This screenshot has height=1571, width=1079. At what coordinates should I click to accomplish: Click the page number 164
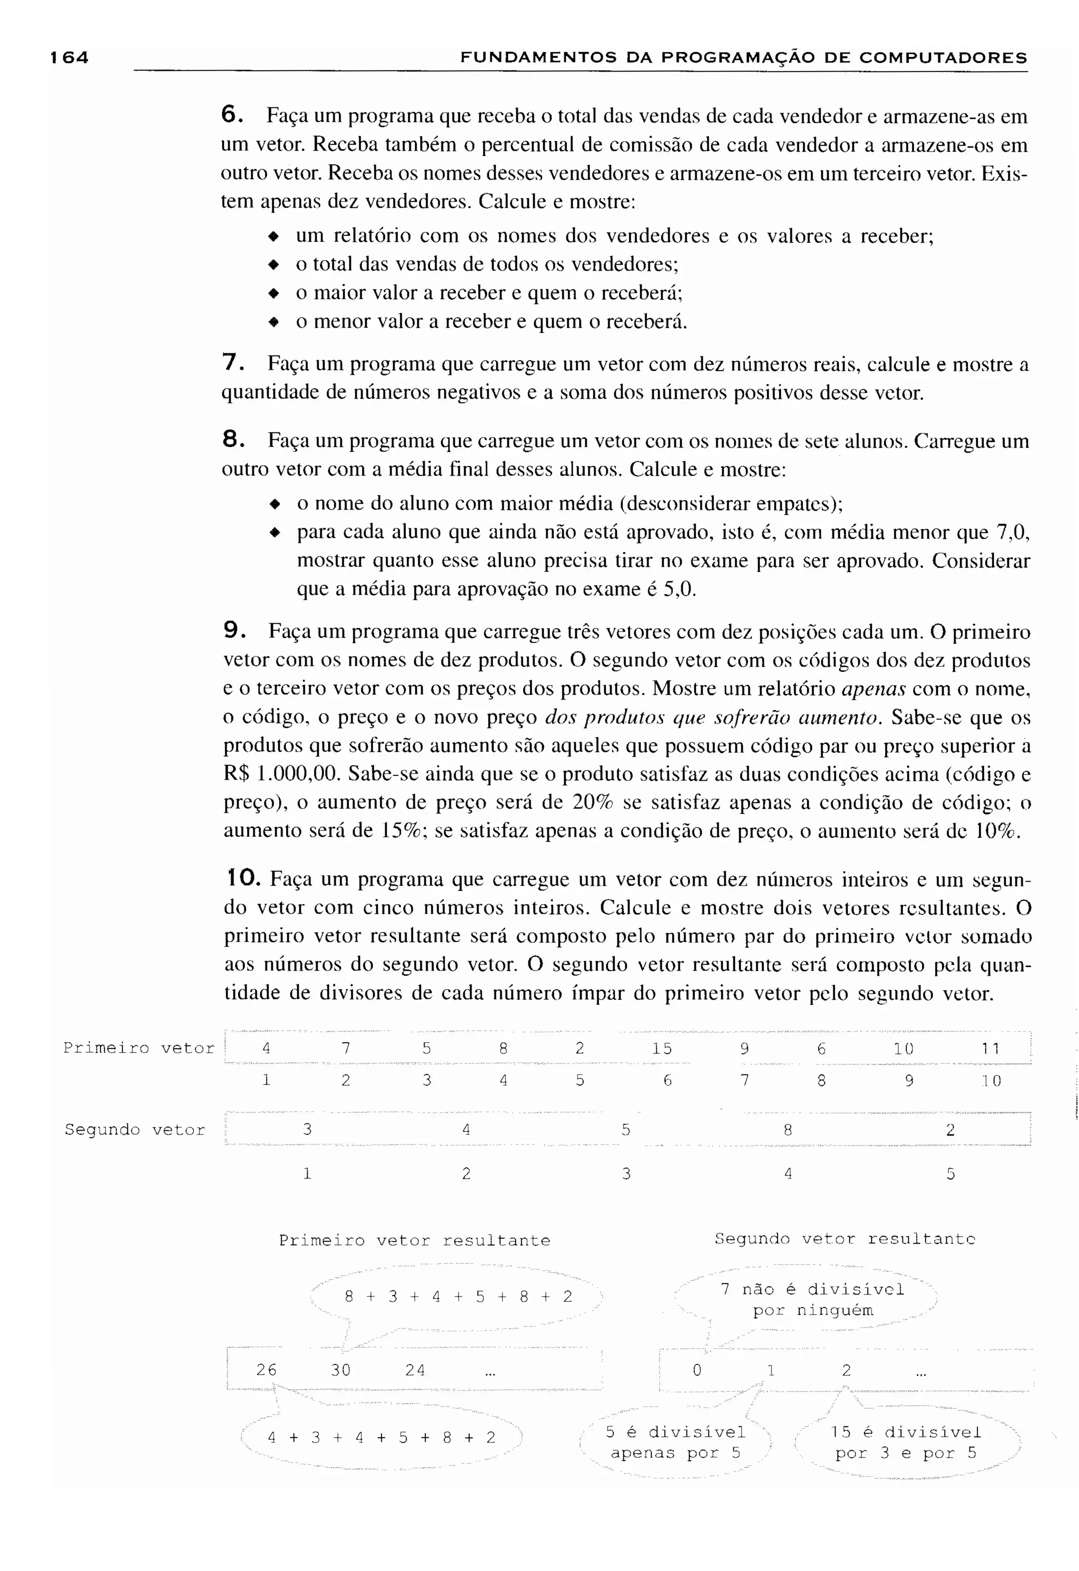(70, 57)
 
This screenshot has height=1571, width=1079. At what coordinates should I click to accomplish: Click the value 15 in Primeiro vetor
(662, 1049)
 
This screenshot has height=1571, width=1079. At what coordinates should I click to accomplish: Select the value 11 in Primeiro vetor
(990, 1049)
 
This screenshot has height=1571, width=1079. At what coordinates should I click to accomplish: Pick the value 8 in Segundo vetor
(788, 1130)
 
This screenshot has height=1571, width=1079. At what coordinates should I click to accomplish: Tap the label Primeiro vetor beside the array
(139, 1049)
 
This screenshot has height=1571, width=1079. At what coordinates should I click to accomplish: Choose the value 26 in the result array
(267, 1370)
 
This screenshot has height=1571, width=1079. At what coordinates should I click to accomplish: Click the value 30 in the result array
(341, 1370)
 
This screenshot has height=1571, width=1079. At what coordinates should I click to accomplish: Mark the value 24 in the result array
(415, 1370)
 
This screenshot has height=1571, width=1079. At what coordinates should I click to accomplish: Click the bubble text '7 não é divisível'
(812, 1289)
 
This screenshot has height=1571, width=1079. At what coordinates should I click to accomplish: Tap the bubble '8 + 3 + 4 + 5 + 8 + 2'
(458, 1297)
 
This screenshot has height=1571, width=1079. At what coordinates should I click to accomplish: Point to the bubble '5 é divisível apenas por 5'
(675, 1442)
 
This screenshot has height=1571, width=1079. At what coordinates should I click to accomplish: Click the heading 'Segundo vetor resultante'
(845, 1239)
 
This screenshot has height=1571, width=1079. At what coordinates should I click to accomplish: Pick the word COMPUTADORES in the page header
(943, 58)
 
